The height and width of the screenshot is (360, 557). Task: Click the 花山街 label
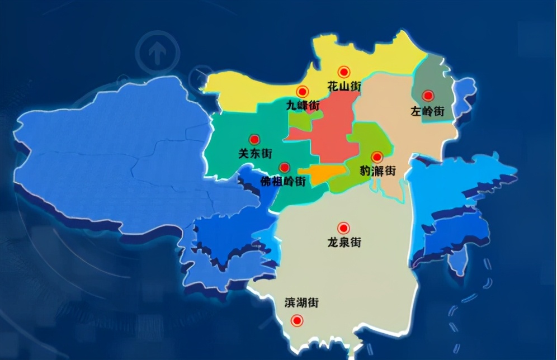tap(344, 87)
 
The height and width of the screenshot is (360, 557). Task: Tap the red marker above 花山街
tap(344, 72)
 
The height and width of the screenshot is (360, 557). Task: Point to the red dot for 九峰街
tap(303, 91)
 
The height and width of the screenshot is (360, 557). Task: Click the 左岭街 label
tap(427, 111)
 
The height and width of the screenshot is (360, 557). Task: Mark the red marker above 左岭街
tap(428, 96)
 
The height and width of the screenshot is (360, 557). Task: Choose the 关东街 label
tap(254, 153)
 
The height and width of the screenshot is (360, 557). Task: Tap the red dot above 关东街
tap(254, 139)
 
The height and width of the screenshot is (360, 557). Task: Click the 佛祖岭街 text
tap(284, 181)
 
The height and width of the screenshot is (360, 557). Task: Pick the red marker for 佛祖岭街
tap(284, 167)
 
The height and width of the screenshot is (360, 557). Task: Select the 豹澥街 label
tap(377, 170)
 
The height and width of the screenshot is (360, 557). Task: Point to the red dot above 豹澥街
tap(377, 157)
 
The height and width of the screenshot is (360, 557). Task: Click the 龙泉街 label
tap(343, 242)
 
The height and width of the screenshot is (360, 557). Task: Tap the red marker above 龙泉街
tap(343, 228)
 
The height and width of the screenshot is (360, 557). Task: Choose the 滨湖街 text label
tap(301, 303)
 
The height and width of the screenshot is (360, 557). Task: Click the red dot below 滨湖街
tap(297, 321)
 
